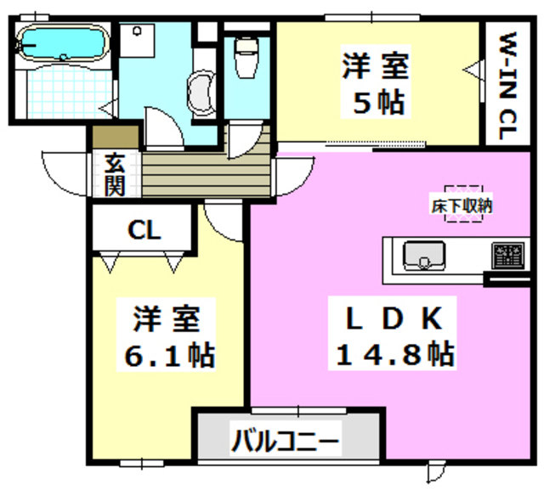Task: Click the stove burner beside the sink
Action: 509,254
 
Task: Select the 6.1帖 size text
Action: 167,354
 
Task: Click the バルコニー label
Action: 286,442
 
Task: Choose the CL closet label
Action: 145,228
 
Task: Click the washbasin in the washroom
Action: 201,92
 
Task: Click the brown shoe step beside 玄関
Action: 115,135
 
